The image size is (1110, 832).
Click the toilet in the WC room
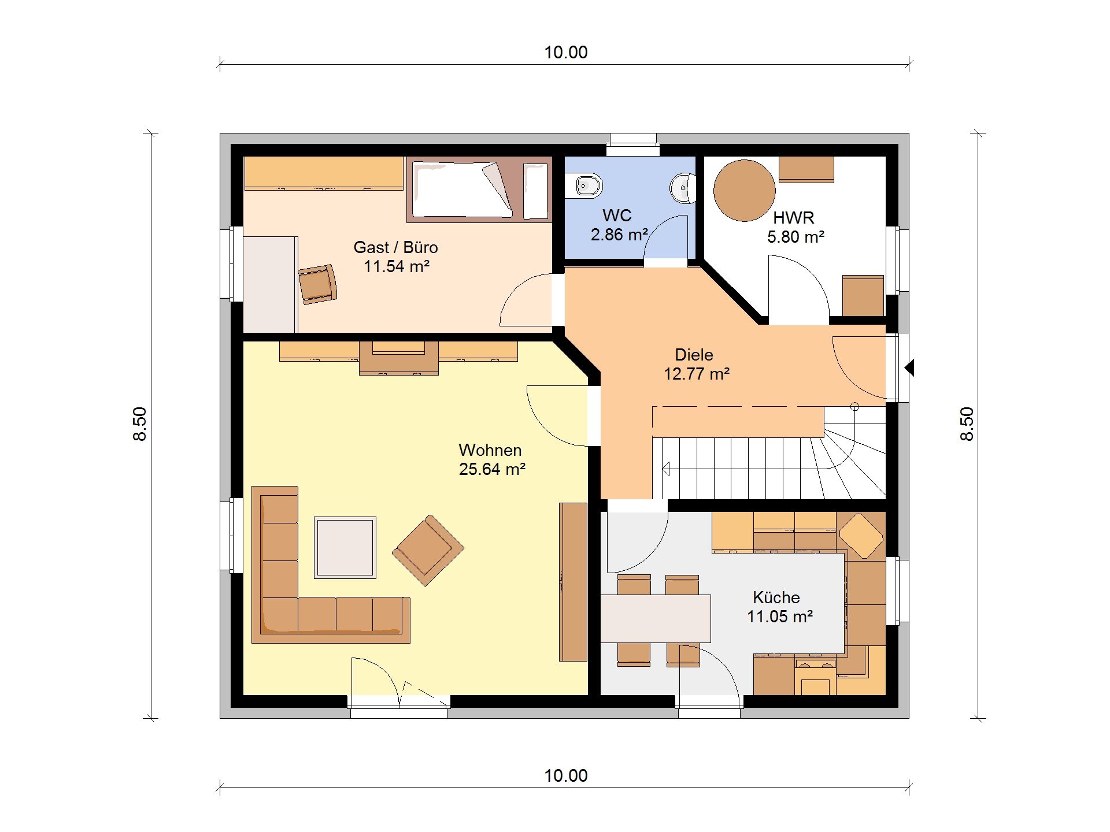(584, 185)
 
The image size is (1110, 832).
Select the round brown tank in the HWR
(744, 191)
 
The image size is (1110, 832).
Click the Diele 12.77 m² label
(696, 364)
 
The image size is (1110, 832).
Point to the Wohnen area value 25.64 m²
(492, 469)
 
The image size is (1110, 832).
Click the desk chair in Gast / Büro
(317, 284)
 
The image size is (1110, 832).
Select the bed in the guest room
(479, 190)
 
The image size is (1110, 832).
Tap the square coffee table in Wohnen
(345, 547)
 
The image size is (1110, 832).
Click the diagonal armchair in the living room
(428, 551)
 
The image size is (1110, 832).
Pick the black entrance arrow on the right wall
(909, 367)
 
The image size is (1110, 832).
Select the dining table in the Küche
(656, 618)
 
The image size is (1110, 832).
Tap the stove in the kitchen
(815, 677)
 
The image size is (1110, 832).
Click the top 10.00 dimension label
(566, 53)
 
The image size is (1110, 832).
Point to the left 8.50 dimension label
(140, 424)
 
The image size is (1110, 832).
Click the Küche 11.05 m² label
(779, 607)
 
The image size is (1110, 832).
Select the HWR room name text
(794, 218)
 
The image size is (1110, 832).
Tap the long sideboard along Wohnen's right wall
(573, 582)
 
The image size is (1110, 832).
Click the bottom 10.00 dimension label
(566, 776)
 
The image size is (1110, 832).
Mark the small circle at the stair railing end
(854, 407)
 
